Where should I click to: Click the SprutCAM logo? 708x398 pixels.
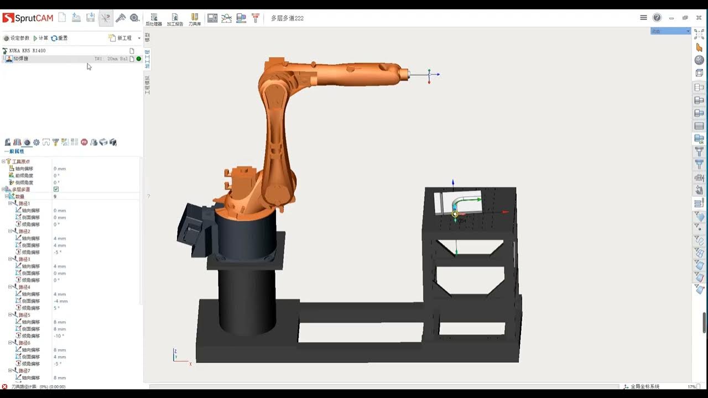click(28, 18)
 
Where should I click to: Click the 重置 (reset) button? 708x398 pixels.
click(60, 38)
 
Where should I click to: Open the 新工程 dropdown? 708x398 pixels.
click(125, 38)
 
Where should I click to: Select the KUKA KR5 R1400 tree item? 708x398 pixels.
click(27, 50)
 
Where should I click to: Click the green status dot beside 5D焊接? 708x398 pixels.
click(139, 59)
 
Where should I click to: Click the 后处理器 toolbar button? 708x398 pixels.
click(154, 19)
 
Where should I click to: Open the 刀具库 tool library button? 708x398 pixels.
click(195, 19)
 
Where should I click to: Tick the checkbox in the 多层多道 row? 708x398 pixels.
click(56, 189)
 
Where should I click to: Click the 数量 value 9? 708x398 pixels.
click(55, 196)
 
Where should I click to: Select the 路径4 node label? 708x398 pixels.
click(25, 287)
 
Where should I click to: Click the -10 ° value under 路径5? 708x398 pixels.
click(59, 336)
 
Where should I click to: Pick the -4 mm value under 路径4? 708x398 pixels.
click(60, 301)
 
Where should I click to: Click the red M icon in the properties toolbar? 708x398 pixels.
click(84, 142)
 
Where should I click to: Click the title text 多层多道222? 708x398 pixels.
click(287, 18)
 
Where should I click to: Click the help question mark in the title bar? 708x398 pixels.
click(657, 18)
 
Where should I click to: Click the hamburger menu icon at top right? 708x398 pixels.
click(643, 18)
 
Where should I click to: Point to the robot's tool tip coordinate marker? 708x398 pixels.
click(429, 74)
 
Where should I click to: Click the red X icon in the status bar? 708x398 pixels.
click(5, 386)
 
